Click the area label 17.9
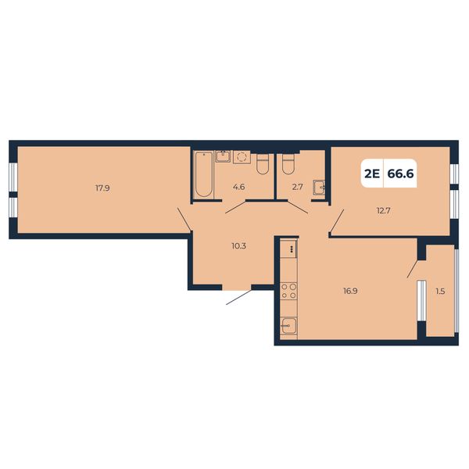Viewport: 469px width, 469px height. tap(102, 188)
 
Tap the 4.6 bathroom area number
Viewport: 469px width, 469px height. tap(238, 187)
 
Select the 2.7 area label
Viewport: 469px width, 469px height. tap(297, 187)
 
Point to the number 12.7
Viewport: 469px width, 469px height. tap(383, 211)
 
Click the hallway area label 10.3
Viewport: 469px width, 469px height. tap(238, 246)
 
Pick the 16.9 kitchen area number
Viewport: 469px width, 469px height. tap(350, 291)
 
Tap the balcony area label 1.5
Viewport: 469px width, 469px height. tap(440, 291)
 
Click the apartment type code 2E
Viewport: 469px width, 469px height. tap(372, 174)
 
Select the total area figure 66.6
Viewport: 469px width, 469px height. tap(400, 174)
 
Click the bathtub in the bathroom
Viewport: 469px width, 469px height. tap(204, 174)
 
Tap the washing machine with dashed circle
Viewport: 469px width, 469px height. tap(242, 157)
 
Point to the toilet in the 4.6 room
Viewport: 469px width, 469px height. tap(263, 164)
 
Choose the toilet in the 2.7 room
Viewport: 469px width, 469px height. tap(288, 164)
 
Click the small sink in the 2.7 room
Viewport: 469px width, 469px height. tap(319, 188)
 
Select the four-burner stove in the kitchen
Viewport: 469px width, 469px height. tap(288, 291)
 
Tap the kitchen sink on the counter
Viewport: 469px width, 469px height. tap(288, 325)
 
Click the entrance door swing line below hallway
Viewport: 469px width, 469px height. tap(238, 297)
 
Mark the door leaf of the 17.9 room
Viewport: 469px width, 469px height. tap(184, 219)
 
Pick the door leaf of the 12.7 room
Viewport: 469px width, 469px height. tap(338, 221)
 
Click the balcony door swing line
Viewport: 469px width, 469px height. tap(413, 269)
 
